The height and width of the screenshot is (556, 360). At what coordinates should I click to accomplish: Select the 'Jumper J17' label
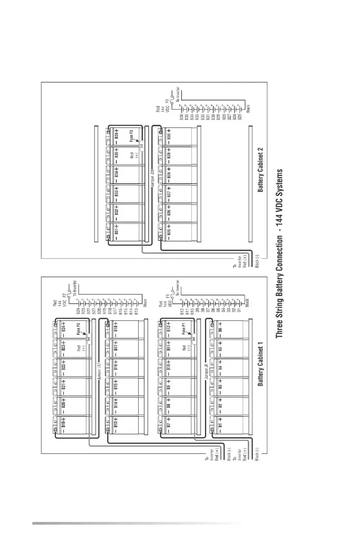click(99, 370)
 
